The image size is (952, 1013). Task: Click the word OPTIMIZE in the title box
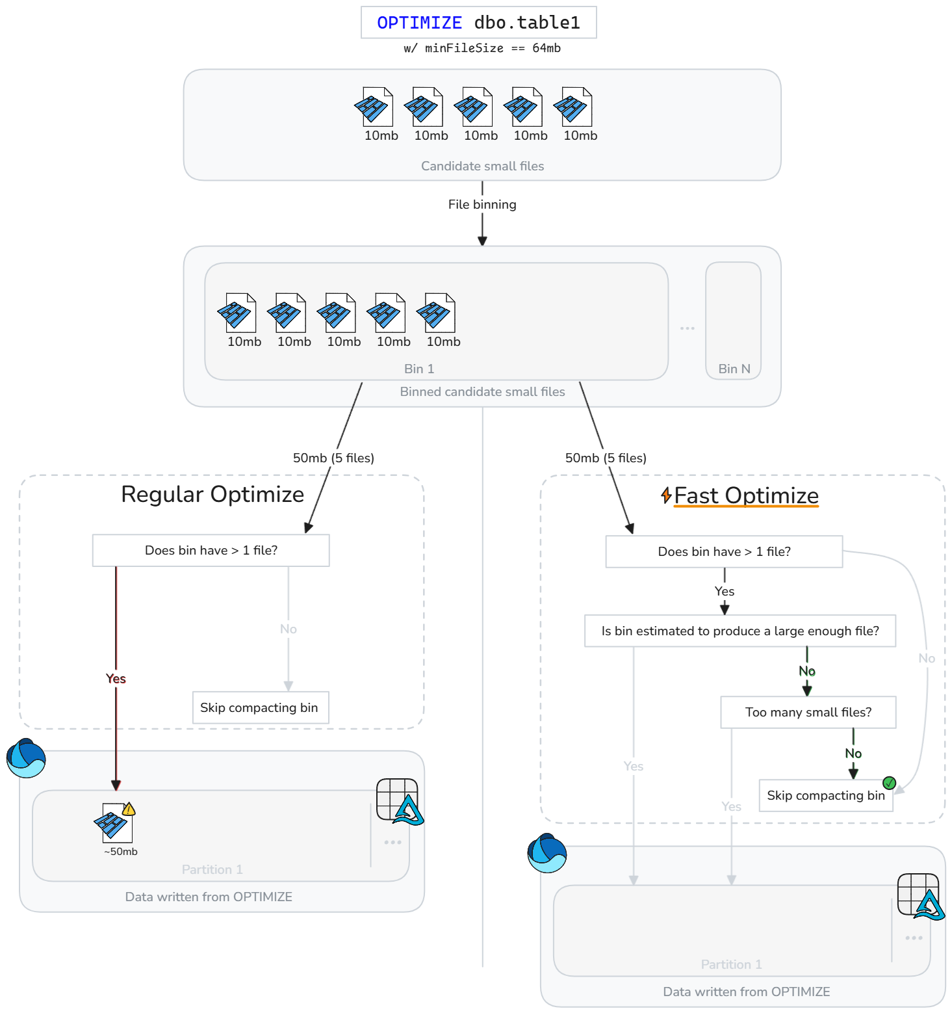click(x=419, y=23)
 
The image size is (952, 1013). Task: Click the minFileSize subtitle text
click(x=482, y=48)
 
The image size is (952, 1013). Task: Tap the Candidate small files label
click(x=482, y=166)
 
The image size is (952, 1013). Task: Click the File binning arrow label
click(x=482, y=204)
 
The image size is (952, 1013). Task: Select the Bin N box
click(x=733, y=321)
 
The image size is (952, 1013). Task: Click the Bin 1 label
click(x=419, y=369)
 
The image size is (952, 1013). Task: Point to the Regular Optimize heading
click(x=212, y=495)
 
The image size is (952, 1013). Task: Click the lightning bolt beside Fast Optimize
click(x=666, y=495)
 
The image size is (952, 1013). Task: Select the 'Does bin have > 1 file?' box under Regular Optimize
click(x=211, y=551)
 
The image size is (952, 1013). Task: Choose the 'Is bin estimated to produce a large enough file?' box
click(x=740, y=631)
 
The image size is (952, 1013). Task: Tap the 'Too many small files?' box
click(x=808, y=713)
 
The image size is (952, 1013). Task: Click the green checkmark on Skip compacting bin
click(x=890, y=783)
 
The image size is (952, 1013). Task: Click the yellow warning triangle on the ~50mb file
click(x=129, y=809)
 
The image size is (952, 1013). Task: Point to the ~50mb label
click(x=121, y=852)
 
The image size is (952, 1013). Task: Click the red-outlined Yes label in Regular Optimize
click(x=116, y=679)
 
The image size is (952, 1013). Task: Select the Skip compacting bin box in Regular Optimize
click(x=261, y=707)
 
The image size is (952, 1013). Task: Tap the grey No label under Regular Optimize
click(x=289, y=629)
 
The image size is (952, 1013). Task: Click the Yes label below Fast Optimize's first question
click(x=725, y=591)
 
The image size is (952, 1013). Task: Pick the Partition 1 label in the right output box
click(x=731, y=964)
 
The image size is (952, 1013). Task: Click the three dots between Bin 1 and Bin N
click(x=688, y=328)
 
